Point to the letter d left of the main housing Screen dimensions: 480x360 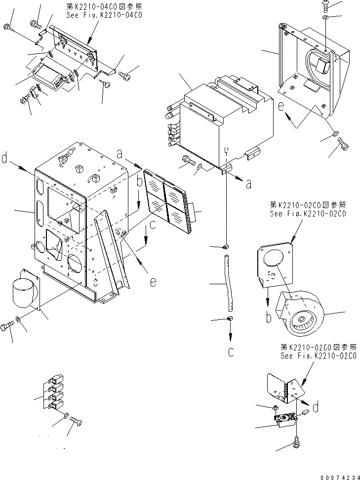pos(4,159)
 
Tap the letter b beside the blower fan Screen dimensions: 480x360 pos(269,317)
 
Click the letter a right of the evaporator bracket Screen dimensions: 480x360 pos(248,184)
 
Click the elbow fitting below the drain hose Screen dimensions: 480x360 pos(230,320)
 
